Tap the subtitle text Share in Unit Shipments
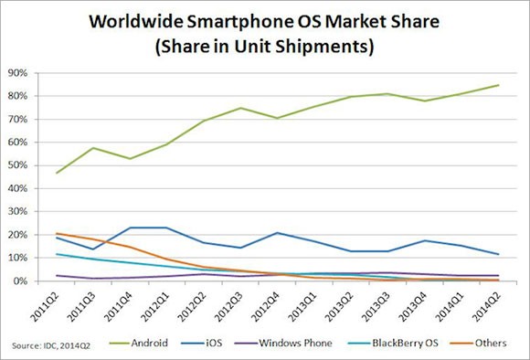[x=265, y=45]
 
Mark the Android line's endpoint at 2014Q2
[x=497, y=85]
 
